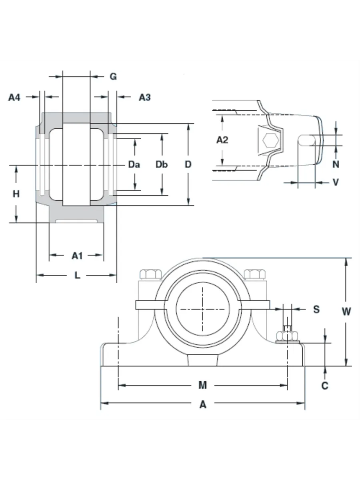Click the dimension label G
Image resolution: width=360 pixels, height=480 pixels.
pyautogui.click(x=113, y=76)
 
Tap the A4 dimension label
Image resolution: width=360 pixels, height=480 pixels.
pyautogui.click(x=14, y=97)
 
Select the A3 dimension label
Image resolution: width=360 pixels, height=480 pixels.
pyautogui.click(x=144, y=97)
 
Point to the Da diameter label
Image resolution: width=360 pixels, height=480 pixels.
pyautogui.click(x=134, y=164)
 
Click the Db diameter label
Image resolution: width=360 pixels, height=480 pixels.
pyautogui.click(x=162, y=164)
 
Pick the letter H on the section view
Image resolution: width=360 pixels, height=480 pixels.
pyautogui.click(x=16, y=194)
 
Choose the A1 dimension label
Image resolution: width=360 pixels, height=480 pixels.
pyautogui.click(x=77, y=255)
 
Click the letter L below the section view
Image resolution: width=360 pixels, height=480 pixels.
pyautogui.click(x=78, y=275)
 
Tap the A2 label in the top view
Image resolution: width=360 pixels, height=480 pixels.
pyautogui.click(x=222, y=140)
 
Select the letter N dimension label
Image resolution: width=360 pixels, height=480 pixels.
pyautogui.click(x=336, y=164)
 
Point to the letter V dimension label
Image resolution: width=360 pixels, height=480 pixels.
pyautogui.click(x=336, y=182)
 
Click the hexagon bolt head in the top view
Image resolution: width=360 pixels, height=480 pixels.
pyautogui.click(x=271, y=141)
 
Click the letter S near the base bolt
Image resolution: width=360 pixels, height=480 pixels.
pyautogui.click(x=316, y=309)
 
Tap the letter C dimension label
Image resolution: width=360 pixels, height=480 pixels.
pyautogui.click(x=325, y=386)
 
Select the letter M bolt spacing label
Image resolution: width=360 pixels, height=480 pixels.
pyautogui.click(x=203, y=385)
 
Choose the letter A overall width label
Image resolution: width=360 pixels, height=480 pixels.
pyautogui.click(x=203, y=405)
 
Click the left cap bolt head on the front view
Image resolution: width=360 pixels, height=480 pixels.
pyautogui.click(x=150, y=274)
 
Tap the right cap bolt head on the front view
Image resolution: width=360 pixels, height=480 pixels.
pyautogui.click(x=255, y=274)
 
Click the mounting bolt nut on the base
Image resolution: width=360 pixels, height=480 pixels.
pyautogui.click(x=287, y=336)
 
